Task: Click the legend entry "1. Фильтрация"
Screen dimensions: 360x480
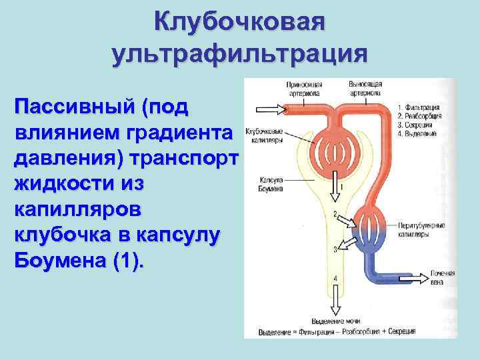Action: click(x=418, y=107)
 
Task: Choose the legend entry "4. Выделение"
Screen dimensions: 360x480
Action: click(x=417, y=133)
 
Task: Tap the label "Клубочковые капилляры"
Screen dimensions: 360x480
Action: click(x=265, y=136)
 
